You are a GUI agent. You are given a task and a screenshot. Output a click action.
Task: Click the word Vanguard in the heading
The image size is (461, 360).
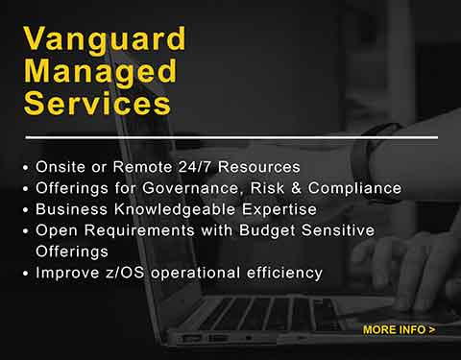point(90,41)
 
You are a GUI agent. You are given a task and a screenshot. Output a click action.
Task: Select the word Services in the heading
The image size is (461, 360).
point(96,103)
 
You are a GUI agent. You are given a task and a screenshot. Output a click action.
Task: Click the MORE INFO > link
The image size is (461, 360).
point(399,330)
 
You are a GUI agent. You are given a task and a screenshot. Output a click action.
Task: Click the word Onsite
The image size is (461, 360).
point(61,166)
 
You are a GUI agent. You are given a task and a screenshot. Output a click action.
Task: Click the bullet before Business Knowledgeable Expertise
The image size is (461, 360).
point(25,210)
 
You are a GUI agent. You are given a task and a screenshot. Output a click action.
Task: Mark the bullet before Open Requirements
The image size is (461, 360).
point(25,231)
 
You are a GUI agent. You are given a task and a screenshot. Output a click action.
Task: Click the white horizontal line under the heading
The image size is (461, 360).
point(230,137)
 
